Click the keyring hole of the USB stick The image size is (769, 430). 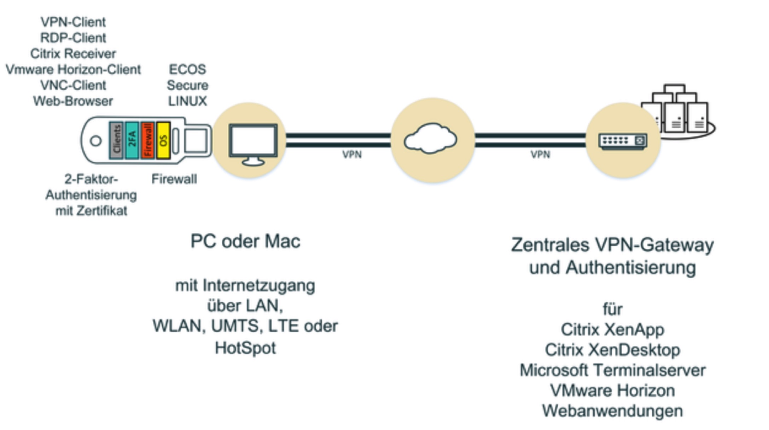pos(95,141)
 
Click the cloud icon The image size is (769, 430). pos(430,139)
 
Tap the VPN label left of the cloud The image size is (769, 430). pos(352,155)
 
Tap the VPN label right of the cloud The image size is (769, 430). pos(540,155)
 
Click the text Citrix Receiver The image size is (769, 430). pos(73,54)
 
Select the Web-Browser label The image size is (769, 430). pos(73,101)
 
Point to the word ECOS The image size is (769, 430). pos(187,69)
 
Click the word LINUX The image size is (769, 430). pos(187,101)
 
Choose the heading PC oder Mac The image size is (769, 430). pos(245,242)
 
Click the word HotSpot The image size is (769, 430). pos(245,348)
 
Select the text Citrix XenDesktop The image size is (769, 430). pos(612,350)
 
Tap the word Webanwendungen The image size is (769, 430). pos(612,411)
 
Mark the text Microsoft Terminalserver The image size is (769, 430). pos(612,370)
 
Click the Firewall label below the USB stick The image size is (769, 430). pos(174,179)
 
